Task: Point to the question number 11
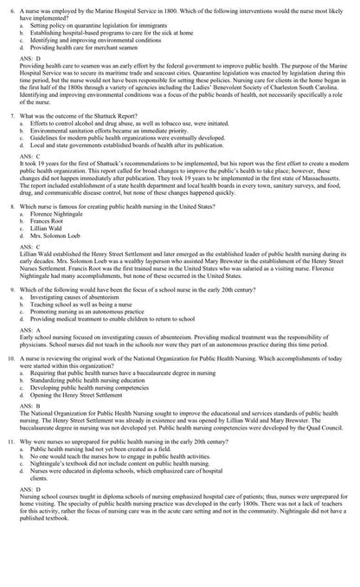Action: pyautogui.click(x=10, y=465)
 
